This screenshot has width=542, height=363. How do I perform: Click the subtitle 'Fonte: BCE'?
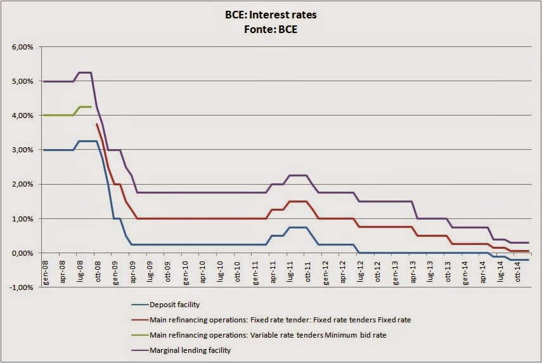[x=271, y=29]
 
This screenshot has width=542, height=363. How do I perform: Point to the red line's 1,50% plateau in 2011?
[x=297, y=201]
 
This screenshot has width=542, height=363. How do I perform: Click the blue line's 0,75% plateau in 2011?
[x=297, y=227]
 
